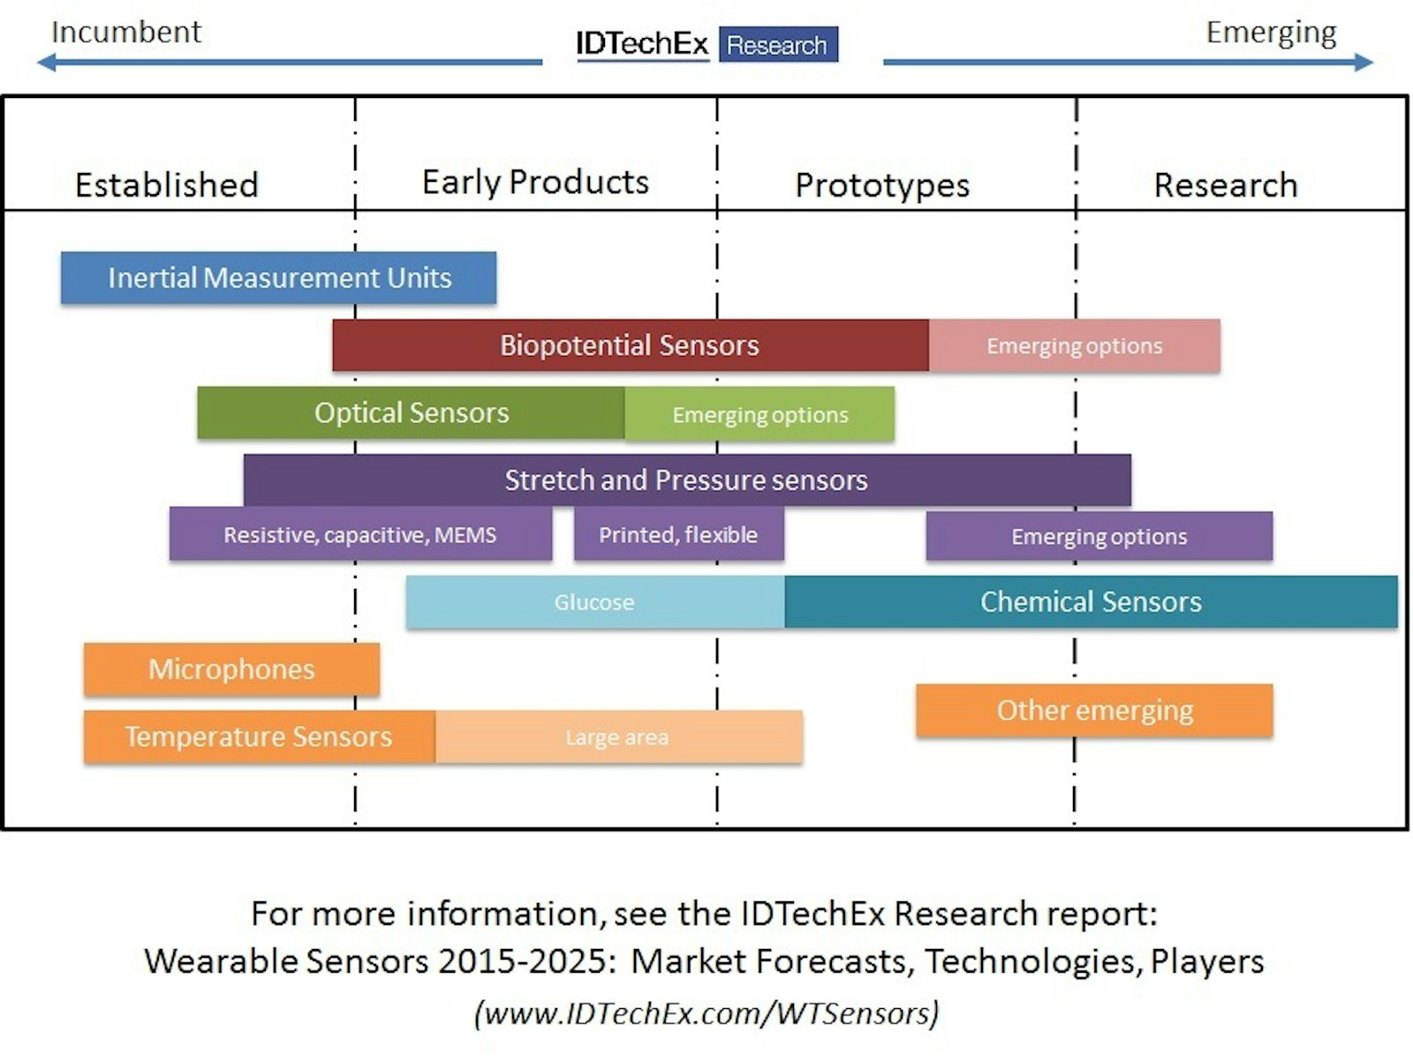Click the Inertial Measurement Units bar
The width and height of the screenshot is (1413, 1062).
point(279,277)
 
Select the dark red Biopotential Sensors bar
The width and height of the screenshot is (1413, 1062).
point(631,345)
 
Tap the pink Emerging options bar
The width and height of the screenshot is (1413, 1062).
point(1075,345)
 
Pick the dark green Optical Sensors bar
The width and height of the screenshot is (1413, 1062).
point(411,412)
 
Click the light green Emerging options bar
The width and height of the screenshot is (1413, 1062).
point(759,414)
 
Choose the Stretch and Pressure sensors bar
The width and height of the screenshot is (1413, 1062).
point(687,480)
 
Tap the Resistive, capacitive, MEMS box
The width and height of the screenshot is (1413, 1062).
point(360,534)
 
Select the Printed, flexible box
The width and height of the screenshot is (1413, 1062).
point(679,534)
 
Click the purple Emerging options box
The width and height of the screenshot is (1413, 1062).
point(1099,536)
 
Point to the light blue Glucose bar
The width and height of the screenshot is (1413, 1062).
point(595,602)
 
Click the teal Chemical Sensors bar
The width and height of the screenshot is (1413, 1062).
point(1092,601)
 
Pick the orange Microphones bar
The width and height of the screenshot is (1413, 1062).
point(231,669)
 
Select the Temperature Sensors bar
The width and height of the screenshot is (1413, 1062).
point(260,736)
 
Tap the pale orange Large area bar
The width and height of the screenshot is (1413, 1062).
point(619,736)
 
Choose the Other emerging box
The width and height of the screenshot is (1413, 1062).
point(1094,710)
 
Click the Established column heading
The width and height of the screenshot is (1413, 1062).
point(167,185)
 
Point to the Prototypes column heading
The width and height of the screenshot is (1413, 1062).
point(882,185)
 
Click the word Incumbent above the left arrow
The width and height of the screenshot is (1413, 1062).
point(126,32)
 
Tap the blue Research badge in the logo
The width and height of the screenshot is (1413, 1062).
point(778,44)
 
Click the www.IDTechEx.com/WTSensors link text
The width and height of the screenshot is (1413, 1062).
point(706,1013)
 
